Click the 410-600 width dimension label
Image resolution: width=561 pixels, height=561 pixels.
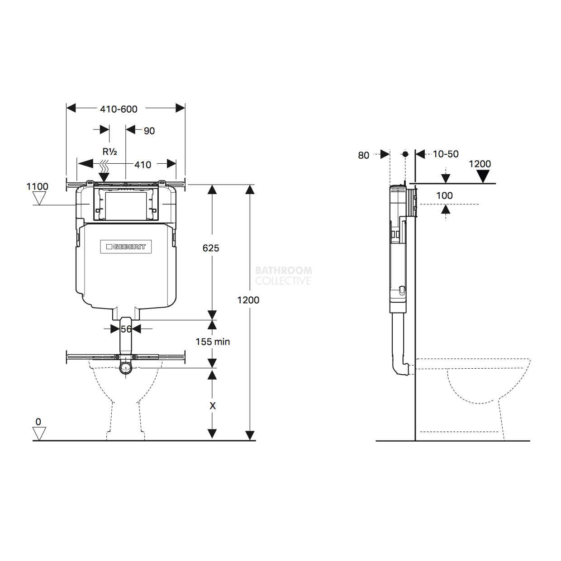[119, 109]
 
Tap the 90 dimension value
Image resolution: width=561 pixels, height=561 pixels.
[149, 131]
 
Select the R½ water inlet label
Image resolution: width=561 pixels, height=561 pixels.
[110, 152]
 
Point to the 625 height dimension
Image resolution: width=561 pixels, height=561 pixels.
[211, 248]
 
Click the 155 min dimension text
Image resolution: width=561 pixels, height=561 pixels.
[213, 342]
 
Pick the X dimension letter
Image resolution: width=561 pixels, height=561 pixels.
[213, 406]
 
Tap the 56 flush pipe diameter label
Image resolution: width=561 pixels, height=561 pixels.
[126, 329]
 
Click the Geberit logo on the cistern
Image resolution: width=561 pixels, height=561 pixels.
[126, 247]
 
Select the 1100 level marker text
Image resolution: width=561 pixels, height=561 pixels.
[37, 186]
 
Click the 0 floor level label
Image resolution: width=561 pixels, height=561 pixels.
[38, 422]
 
